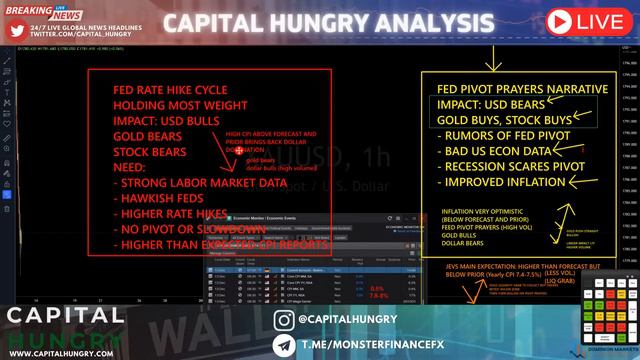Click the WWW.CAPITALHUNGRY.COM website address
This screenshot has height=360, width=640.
pyautogui.click(x=64, y=352)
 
